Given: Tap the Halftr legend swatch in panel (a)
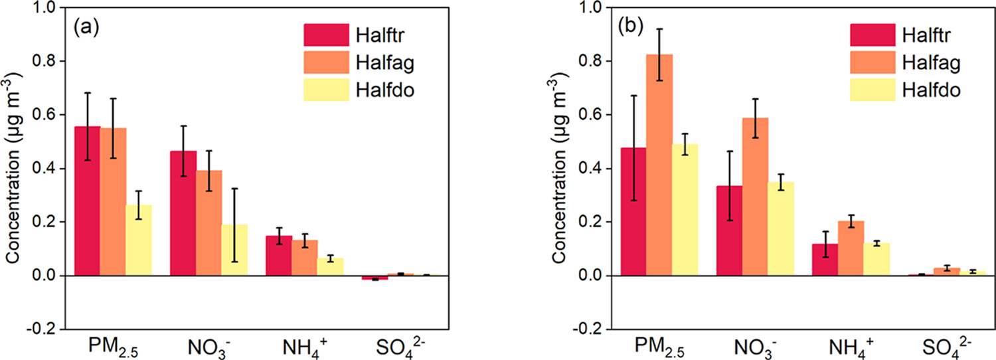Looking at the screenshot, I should [326, 34].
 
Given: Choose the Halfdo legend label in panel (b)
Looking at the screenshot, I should [918, 90].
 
